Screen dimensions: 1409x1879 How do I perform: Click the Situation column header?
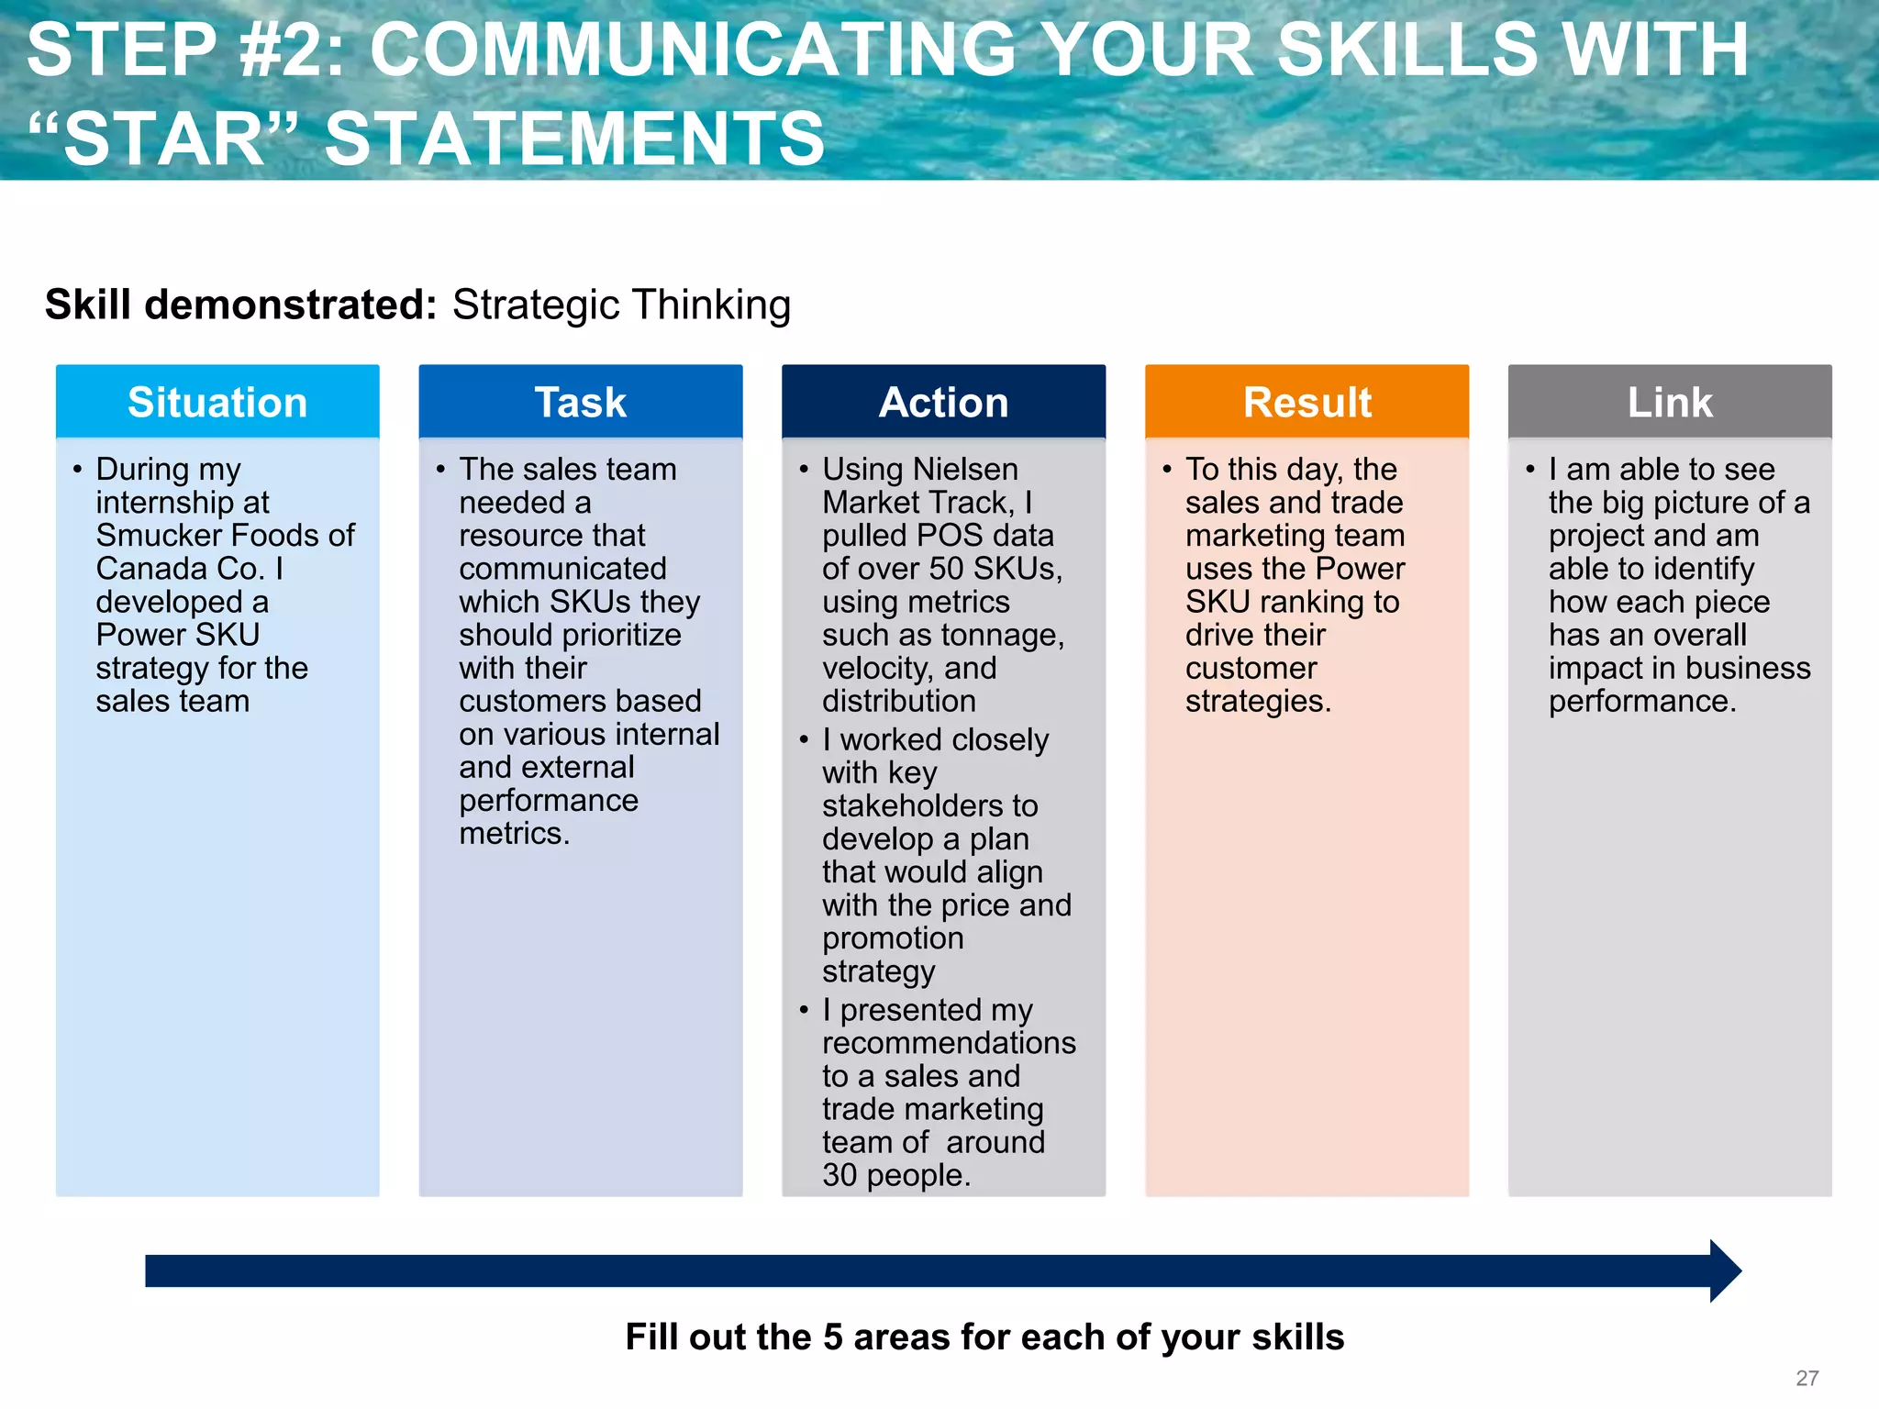click(217, 403)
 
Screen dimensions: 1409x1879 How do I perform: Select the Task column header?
click(581, 403)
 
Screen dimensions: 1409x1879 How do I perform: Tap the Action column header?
click(943, 403)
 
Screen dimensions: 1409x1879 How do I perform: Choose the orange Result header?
click(1306, 403)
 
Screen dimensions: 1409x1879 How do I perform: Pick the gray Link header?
click(1670, 403)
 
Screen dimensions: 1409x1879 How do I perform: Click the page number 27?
click(1807, 1378)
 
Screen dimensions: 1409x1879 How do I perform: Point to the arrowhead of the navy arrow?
click(1725, 1271)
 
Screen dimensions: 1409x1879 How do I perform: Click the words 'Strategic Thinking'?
click(621, 305)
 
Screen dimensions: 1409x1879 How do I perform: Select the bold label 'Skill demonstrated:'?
click(241, 305)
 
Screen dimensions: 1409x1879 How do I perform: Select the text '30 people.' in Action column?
click(896, 1175)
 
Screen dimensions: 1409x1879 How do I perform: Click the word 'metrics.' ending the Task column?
click(514, 834)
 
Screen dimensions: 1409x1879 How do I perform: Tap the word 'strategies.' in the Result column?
click(1258, 702)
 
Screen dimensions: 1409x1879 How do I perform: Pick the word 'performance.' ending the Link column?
click(1642, 702)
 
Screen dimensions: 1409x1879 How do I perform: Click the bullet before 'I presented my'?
click(804, 1011)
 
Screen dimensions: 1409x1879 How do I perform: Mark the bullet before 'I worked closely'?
click(804, 740)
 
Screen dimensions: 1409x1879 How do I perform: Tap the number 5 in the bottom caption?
click(832, 1337)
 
